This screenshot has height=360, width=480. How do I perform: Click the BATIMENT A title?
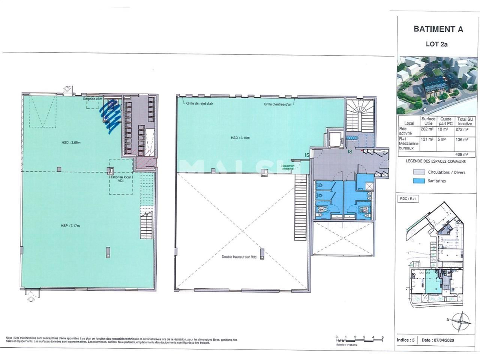click(x=438, y=29)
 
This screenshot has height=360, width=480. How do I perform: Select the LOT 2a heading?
click(x=436, y=44)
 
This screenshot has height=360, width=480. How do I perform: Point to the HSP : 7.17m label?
click(x=70, y=226)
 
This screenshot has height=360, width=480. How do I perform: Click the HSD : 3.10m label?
click(x=240, y=138)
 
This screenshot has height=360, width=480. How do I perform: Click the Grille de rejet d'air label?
click(x=199, y=103)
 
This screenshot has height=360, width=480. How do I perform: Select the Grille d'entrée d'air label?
click(x=277, y=104)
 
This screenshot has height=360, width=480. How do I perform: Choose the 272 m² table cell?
click(x=462, y=129)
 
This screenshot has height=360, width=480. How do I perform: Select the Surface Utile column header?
click(x=428, y=121)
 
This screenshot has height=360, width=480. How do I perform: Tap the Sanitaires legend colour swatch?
click(x=418, y=181)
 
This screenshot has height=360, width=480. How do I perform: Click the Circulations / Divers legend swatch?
click(x=418, y=172)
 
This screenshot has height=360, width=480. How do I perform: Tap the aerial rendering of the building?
click(x=437, y=85)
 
